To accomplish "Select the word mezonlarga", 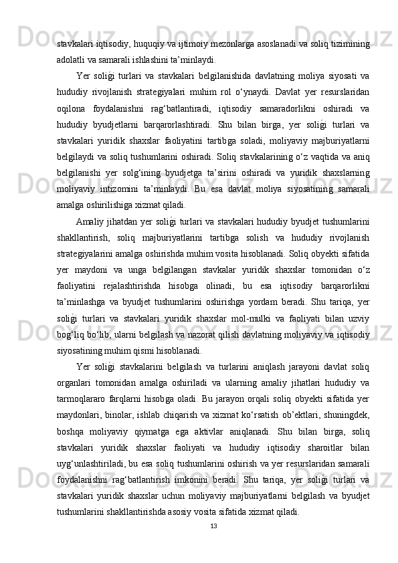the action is click(227, 43).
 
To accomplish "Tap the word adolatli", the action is click(72, 59).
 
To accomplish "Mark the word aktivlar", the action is click(215, 428).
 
